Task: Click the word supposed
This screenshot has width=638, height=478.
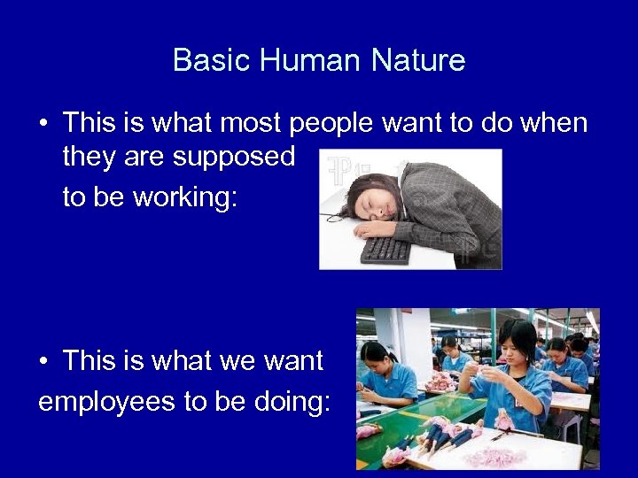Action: [234, 157]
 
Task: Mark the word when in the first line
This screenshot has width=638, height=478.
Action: [554, 123]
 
